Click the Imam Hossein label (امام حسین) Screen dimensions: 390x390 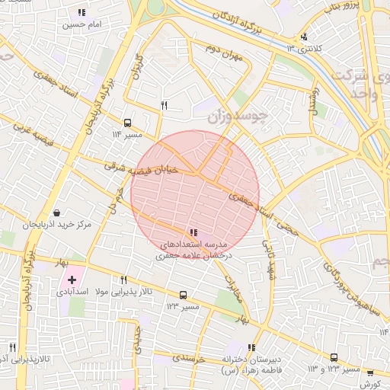point(82,25)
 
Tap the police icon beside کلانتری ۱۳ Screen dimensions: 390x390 point(305,36)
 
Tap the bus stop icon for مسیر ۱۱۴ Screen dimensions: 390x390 point(127,122)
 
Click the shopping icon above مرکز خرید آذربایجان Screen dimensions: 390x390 point(57,213)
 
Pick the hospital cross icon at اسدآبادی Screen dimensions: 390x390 point(72,280)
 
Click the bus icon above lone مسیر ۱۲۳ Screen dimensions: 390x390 point(183,295)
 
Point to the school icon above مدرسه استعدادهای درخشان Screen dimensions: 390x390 point(193,232)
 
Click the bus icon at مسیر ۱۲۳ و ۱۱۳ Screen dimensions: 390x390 point(334,357)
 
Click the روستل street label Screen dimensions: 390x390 point(312,99)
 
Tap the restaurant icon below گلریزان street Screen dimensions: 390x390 point(164,105)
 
